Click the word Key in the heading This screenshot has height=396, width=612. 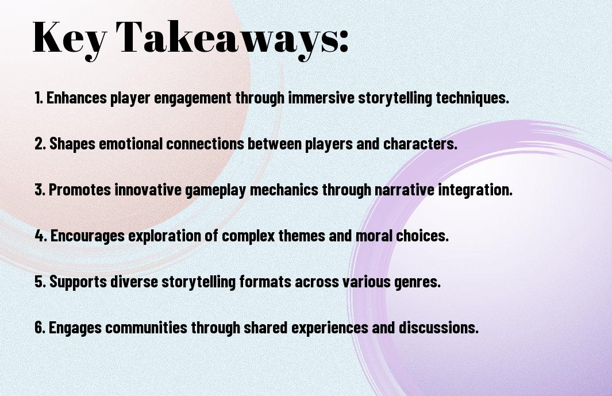click(70, 39)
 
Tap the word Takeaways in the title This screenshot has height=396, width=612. click(228, 39)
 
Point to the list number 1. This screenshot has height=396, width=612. click(39, 98)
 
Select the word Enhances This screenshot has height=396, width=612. click(76, 98)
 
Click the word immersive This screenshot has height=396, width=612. click(321, 98)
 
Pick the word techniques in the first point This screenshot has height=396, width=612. click(472, 98)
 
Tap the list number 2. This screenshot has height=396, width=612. click(40, 144)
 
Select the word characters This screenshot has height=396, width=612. click(420, 144)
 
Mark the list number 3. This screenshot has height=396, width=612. click(40, 190)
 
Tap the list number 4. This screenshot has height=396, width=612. click(41, 236)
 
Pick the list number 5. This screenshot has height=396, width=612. click(40, 282)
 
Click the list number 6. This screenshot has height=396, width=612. click(40, 327)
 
